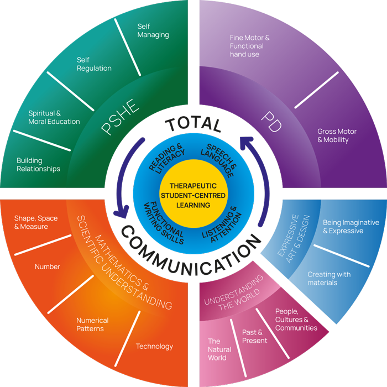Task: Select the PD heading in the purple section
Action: pyautogui.click(x=270, y=121)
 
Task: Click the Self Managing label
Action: pyautogui.click(x=153, y=30)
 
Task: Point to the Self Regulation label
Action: pyautogui.click(x=94, y=64)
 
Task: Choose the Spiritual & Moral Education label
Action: pyautogui.click(x=54, y=117)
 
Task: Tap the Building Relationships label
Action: pyautogui.click(x=38, y=165)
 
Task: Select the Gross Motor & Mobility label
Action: pyautogui.click(x=337, y=136)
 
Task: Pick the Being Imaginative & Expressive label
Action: pyautogui.click(x=351, y=227)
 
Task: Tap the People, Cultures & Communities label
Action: pyautogui.click(x=296, y=320)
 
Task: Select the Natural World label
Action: pyautogui.click(x=217, y=349)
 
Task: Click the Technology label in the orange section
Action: pyautogui.click(x=154, y=347)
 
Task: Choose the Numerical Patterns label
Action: pyautogui.click(x=92, y=325)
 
